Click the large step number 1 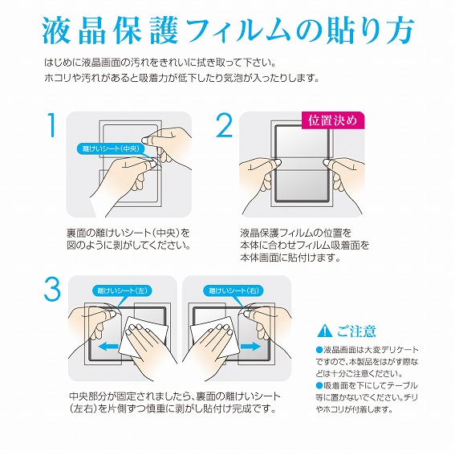coord(52,125)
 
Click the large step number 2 coord(225,125)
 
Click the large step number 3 coord(52,290)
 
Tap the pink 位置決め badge coord(332,120)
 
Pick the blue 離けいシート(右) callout coord(234,290)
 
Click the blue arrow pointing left coord(108,346)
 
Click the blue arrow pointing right coord(251,346)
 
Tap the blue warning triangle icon coord(324,331)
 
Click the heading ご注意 coord(356,331)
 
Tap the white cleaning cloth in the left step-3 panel coord(143,337)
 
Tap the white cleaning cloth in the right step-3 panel coord(215,337)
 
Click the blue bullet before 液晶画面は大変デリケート coord(319,350)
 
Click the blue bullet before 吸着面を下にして coord(319,386)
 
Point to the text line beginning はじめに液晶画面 coord(160,63)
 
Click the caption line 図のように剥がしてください coord(129,246)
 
